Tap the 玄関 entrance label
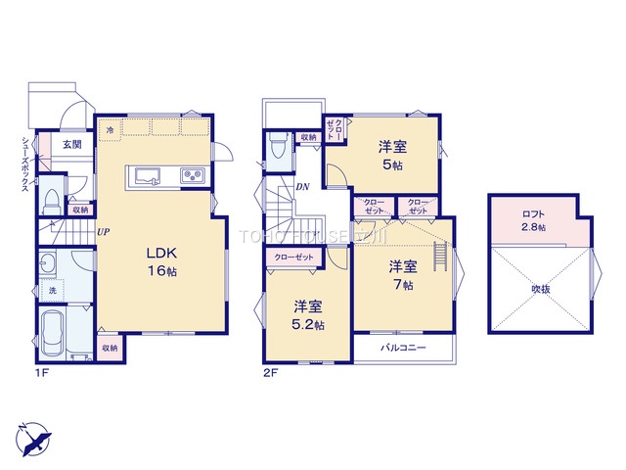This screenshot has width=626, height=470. coord(72,144)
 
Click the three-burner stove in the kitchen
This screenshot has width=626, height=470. coord(192,176)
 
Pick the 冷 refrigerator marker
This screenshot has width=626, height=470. coord(111,128)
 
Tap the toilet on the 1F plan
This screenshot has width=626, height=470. coord(50,200)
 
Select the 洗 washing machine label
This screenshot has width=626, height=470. coord(54,291)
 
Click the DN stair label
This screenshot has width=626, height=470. coord(304,186)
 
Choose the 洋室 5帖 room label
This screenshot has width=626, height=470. coord(393,156)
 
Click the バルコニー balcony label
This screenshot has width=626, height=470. coord(403,349)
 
